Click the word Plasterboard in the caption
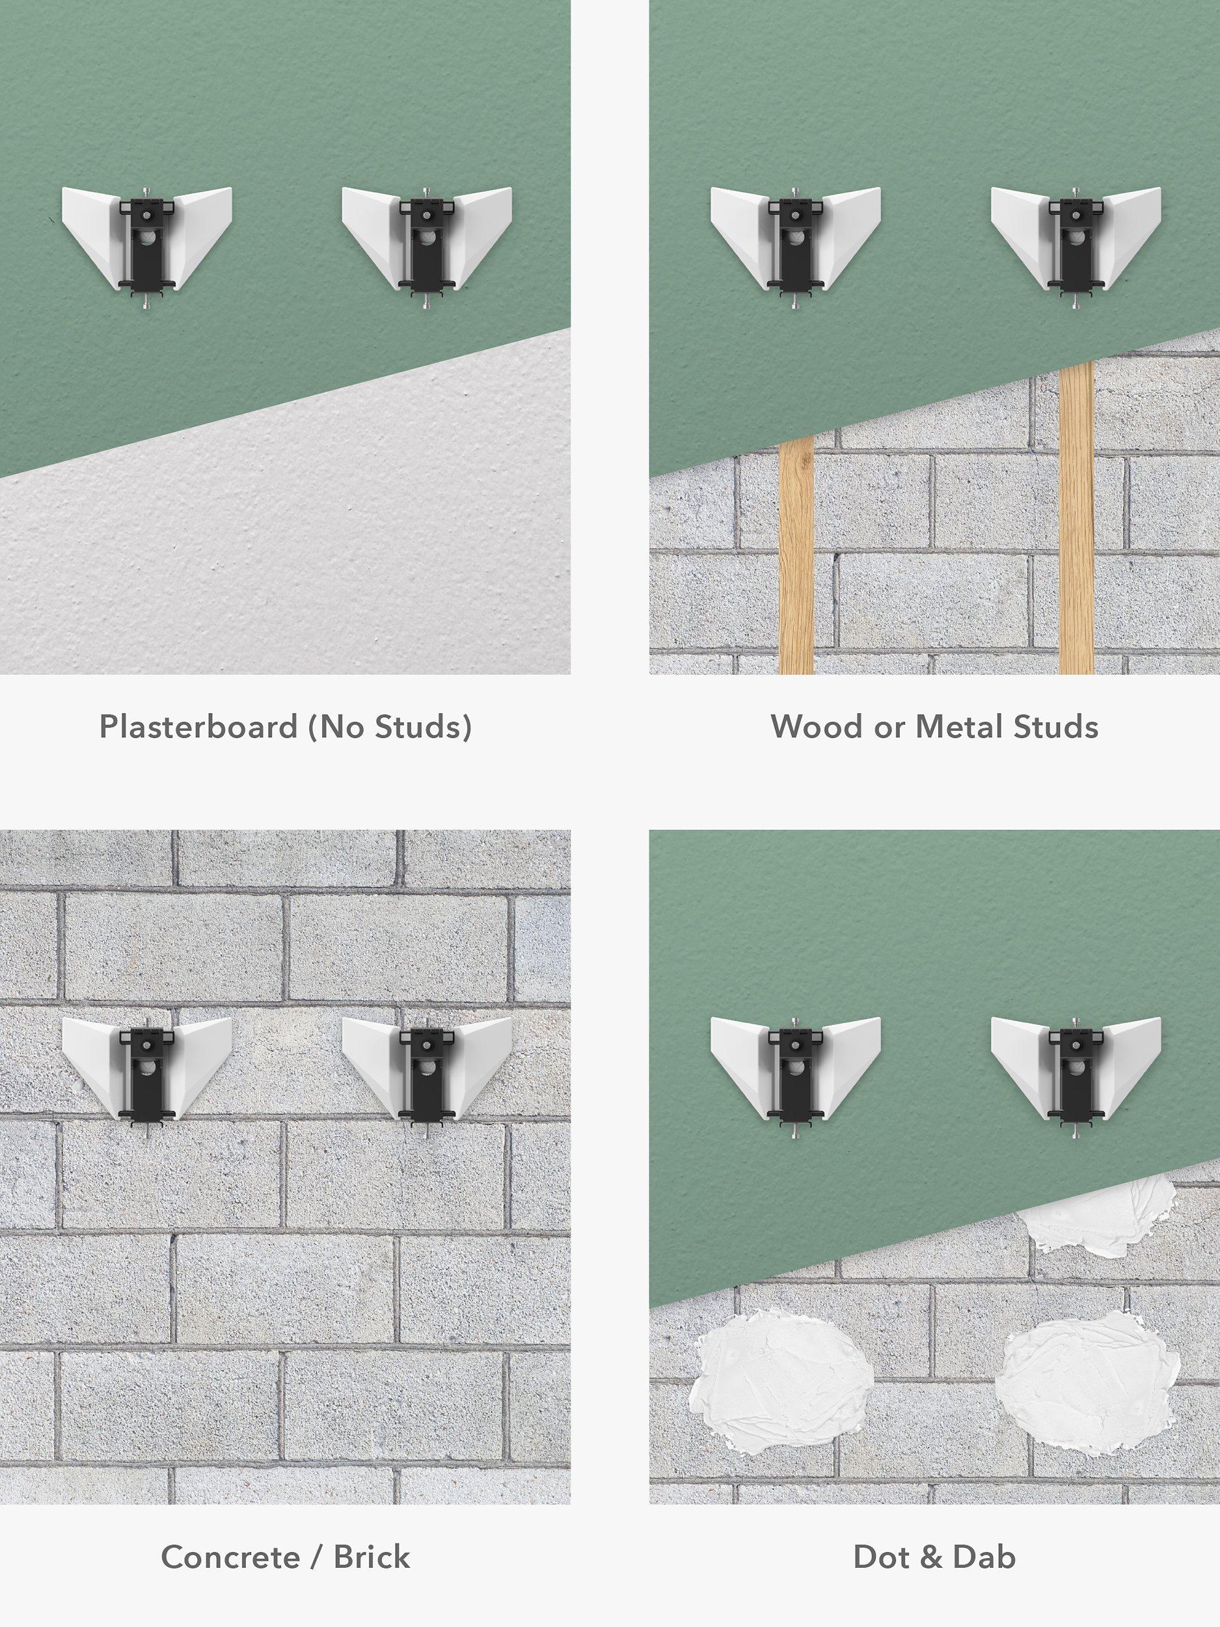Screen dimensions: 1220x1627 198,727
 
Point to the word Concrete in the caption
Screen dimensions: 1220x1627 230,1557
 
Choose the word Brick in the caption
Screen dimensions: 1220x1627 372,1557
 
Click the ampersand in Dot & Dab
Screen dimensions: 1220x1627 930,1557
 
